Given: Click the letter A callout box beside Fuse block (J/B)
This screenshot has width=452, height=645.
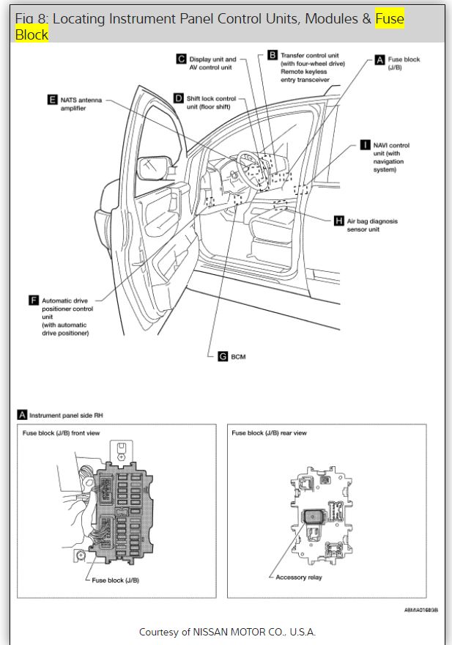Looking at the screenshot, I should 379,59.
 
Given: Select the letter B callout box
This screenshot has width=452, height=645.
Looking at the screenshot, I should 272,55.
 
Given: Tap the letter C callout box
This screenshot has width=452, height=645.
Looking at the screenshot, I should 181,59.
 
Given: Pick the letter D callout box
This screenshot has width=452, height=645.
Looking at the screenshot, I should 179,98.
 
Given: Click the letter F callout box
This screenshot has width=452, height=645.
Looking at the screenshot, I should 33,301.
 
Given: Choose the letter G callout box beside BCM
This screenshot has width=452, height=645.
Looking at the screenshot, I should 223,356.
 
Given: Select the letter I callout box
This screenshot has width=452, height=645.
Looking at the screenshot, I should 366,145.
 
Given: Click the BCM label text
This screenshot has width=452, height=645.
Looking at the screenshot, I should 239,356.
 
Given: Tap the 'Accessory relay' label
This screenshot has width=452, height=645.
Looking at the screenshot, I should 298,577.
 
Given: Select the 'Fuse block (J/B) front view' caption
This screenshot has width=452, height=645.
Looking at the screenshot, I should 62,433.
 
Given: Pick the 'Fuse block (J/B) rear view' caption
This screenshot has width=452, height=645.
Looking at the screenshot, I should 269,433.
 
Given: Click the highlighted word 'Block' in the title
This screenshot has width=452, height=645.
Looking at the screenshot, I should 32,34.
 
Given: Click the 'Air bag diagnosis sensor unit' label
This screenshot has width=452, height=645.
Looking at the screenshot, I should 372,224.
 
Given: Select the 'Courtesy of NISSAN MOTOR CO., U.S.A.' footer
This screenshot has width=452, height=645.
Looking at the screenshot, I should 227,632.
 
